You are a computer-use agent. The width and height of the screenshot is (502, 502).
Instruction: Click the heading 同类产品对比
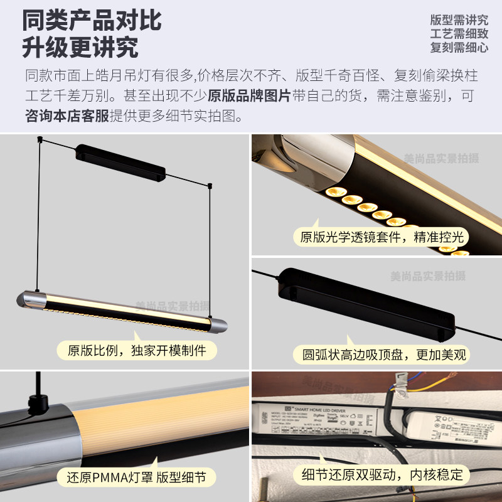point(92,20)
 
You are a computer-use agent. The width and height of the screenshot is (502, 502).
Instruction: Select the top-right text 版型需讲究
point(459,19)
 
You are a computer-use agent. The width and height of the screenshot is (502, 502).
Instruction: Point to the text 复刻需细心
point(459,47)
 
